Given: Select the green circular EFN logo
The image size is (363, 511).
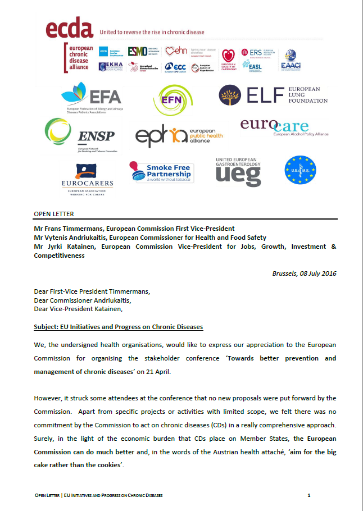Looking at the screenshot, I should click(x=173, y=100).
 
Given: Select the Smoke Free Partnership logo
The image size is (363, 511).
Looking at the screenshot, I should click(x=161, y=172).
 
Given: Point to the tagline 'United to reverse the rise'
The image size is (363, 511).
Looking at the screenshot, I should click(x=152, y=33).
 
